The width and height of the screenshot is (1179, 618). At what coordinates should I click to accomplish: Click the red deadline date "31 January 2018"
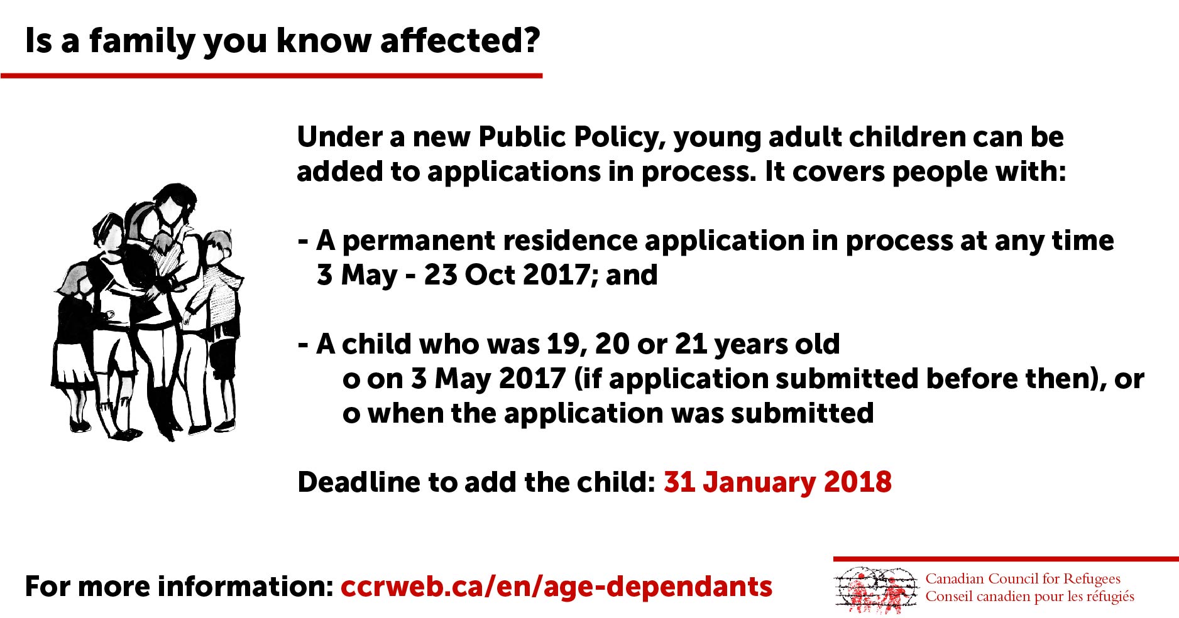777,482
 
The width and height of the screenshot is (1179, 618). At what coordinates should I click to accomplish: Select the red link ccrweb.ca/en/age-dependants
556,587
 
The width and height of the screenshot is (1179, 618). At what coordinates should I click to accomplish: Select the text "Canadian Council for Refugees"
1023,578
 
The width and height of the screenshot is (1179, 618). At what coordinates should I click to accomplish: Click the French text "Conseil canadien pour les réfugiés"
1030,596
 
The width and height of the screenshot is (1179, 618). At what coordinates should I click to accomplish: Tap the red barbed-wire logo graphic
876,590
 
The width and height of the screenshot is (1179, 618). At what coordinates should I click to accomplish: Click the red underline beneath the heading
271,76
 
